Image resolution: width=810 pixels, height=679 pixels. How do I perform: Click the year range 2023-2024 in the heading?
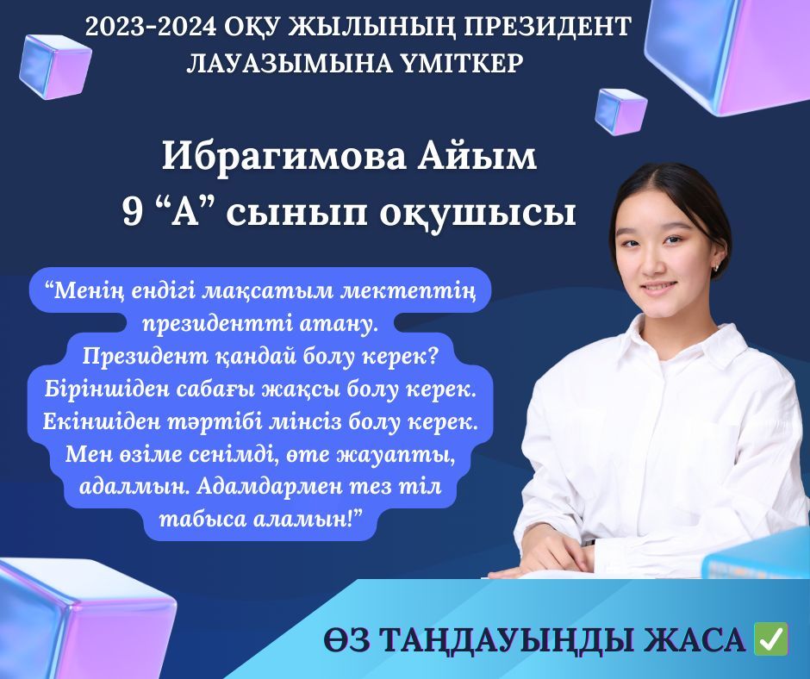151,27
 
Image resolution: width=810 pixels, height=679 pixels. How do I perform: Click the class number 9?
132,213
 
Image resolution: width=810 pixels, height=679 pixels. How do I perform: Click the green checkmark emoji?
770,639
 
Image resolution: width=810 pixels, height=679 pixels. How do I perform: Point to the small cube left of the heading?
55,65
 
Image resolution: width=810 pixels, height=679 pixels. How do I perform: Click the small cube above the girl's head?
621,111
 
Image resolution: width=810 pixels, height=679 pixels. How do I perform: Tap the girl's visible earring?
717,267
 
